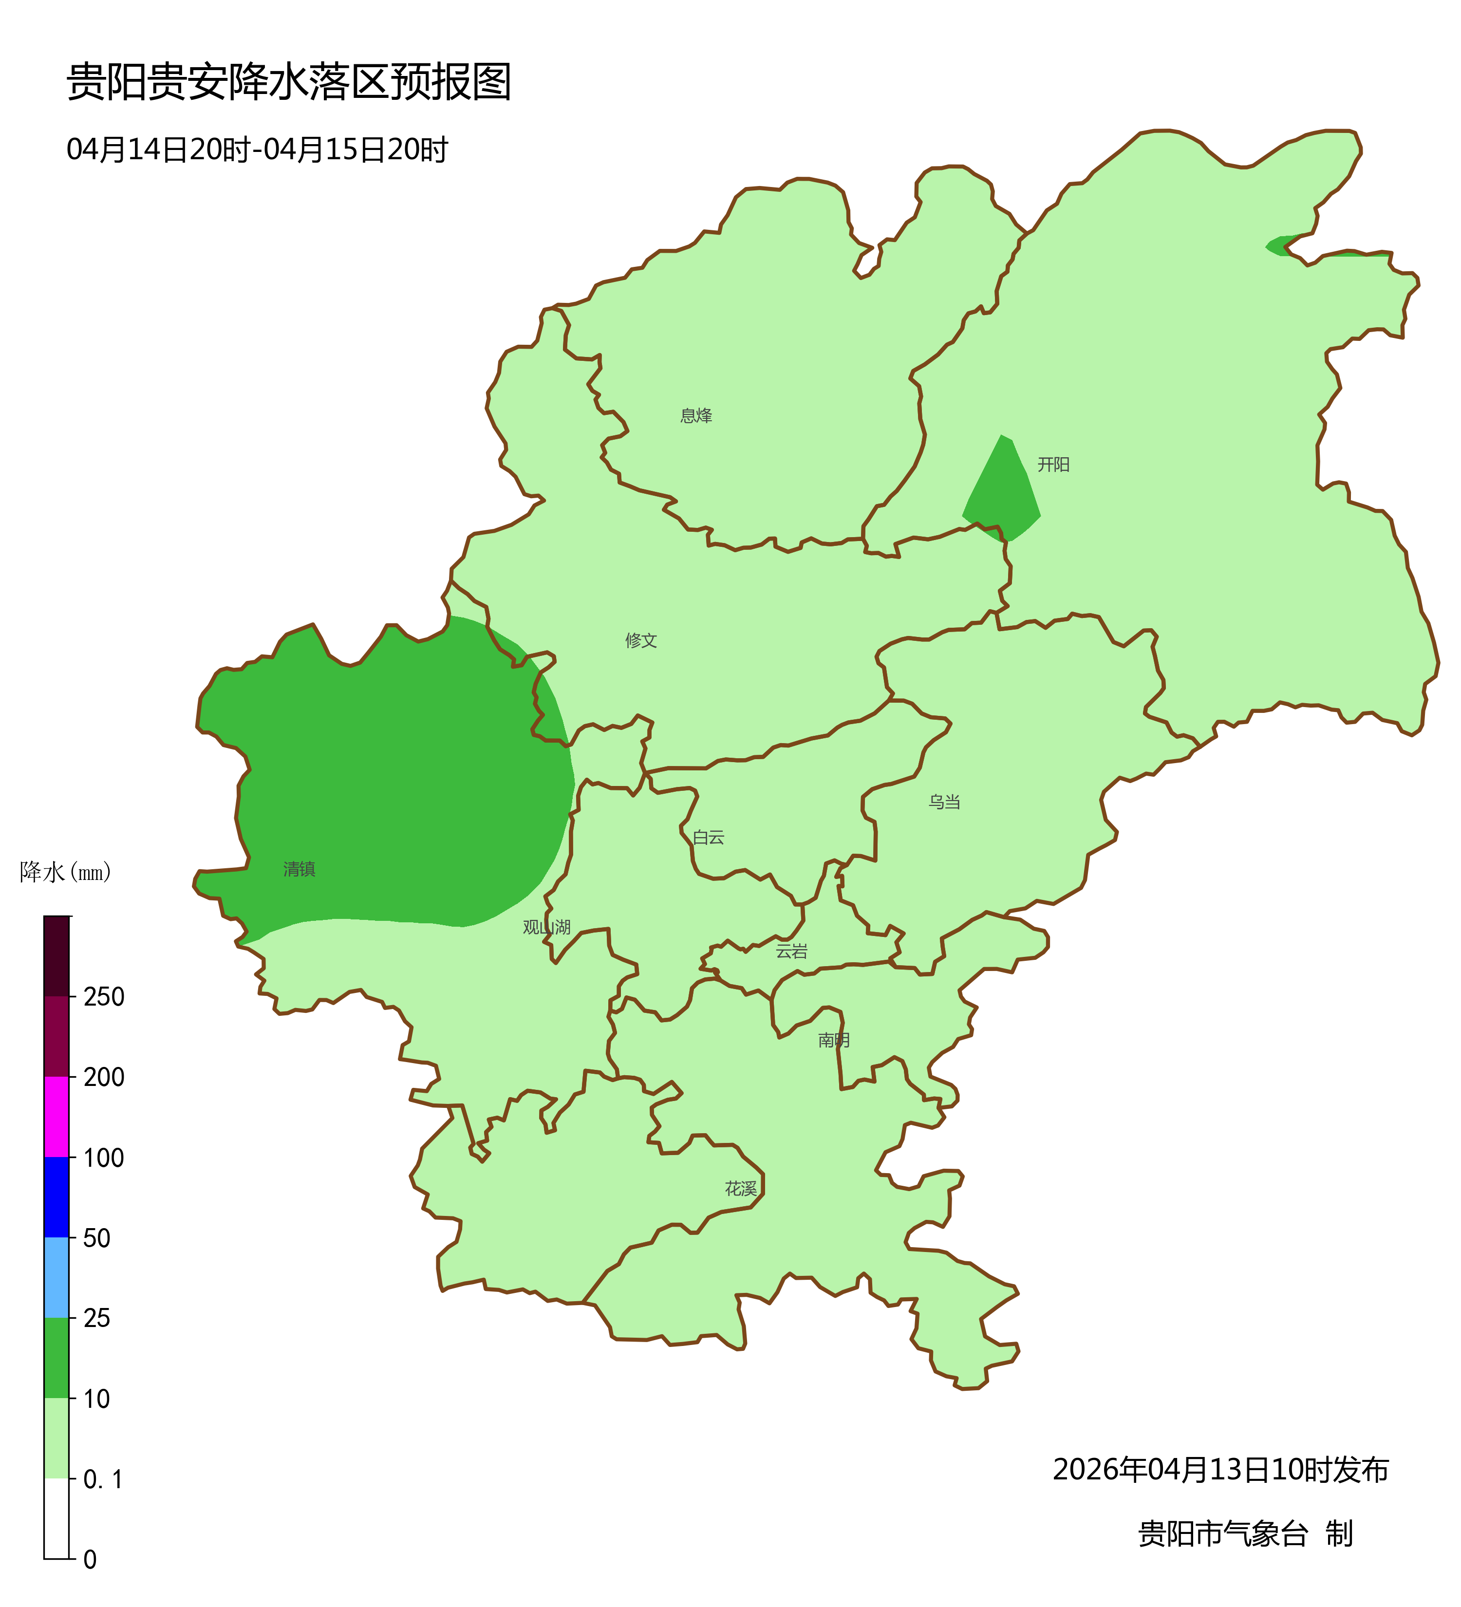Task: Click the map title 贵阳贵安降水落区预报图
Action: tap(288, 82)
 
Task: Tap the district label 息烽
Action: tap(696, 416)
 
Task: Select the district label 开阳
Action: tap(1053, 465)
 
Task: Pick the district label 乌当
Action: tap(944, 803)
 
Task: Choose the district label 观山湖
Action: tap(547, 928)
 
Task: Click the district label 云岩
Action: tap(791, 952)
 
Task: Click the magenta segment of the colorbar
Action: tap(56, 1117)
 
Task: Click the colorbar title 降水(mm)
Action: tap(65, 873)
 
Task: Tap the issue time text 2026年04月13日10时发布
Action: tap(1220, 1470)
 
